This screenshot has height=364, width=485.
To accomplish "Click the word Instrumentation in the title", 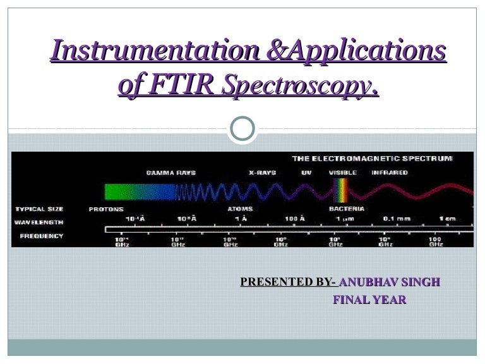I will pyautogui.click(x=154, y=51).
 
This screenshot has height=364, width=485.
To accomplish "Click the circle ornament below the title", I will pyautogui.click(x=242, y=129).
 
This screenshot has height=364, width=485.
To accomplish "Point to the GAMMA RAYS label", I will pyautogui.click(x=171, y=173).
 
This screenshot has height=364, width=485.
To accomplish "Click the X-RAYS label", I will pyautogui.click(x=263, y=173).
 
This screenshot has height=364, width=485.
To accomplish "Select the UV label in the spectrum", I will pyautogui.click(x=306, y=173).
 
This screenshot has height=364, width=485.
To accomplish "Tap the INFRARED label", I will pyautogui.click(x=390, y=173).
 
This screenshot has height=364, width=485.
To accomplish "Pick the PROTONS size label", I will pyautogui.click(x=106, y=209).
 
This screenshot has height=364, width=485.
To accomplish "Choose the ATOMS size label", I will pyautogui.click(x=240, y=209).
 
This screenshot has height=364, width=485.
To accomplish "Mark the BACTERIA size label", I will pyautogui.click(x=346, y=209).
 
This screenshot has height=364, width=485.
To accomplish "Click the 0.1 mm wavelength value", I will pyautogui.click(x=397, y=219).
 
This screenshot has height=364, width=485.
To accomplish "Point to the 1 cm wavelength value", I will pyautogui.click(x=447, y=219).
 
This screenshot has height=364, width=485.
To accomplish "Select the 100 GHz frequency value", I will pyautogui.click(x=436, y=241).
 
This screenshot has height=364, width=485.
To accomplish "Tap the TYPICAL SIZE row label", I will pyautogui.click(x=39, y=209).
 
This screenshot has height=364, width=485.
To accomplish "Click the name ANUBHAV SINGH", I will pyautogui.click(x=389, y=282).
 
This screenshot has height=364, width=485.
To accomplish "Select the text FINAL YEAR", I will pyautogui.click(x=369, y=300).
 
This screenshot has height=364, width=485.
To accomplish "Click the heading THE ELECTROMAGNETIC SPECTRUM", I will pyautogui.click(x=372, y=159).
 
